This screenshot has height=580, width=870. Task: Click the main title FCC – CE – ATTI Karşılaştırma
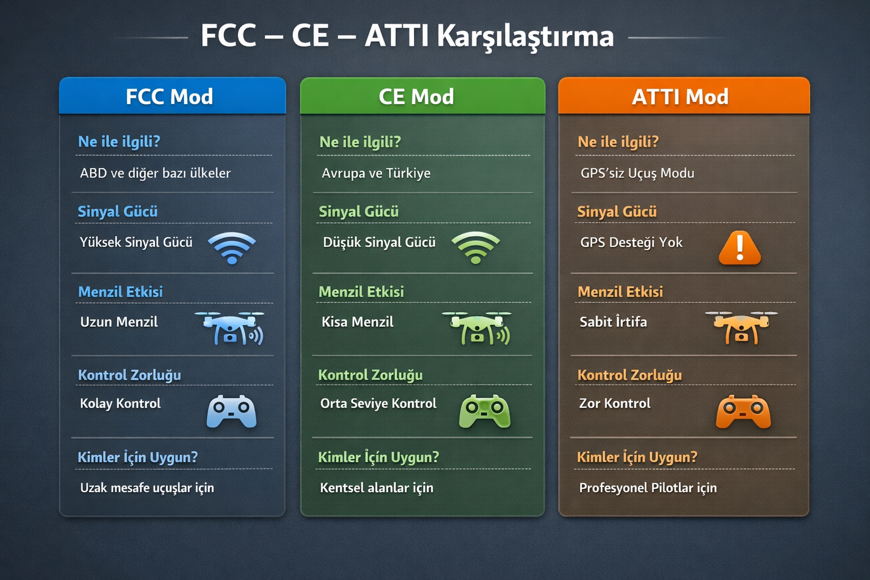pyautogui.click(x=407, y=36)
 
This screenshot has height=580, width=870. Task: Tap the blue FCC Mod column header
pyautogui.click(x=172, y=96)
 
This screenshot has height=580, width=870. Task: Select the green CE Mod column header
pyautogui.click(x=423, y=96)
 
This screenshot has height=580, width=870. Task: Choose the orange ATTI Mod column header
pyautogui.click(x=684, y=96)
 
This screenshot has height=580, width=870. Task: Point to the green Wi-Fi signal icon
pyautogui.click(x=476, y=248)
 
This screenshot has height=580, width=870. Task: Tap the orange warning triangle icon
pyautogui.click(x=740, y=248)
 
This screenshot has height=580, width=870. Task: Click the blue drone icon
pyautogui.click(x=229, y=329)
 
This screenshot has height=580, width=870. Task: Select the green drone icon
pyautogui.click(x=476, y=329)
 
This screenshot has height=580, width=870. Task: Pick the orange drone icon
pyautogui.click(x=741, y=327)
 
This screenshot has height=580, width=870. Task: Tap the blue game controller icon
pyautogui.click(x=232, y=412)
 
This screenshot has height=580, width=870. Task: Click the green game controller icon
pyautogui.click(x=485, y=411)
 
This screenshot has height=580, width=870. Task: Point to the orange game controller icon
pyautogui.click(x=743, y=412)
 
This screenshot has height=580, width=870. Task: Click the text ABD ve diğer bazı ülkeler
pyautogui.click(x=155, y=173)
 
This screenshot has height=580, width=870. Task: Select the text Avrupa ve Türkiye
pyautogui.click(x=376, y=173)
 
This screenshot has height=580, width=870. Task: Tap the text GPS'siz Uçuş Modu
pyautogui.click(x=637, y=173)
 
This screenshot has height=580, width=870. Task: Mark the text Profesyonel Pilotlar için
pyautogui.click(x=648, y=488)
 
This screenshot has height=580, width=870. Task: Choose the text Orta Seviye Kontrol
pyautogui.click(x=378, y=403)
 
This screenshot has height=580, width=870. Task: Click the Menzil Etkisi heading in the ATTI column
pyautogui.click(x=620, y=292)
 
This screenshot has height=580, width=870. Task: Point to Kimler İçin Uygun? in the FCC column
pyautogui.click(x=138, y=457)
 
